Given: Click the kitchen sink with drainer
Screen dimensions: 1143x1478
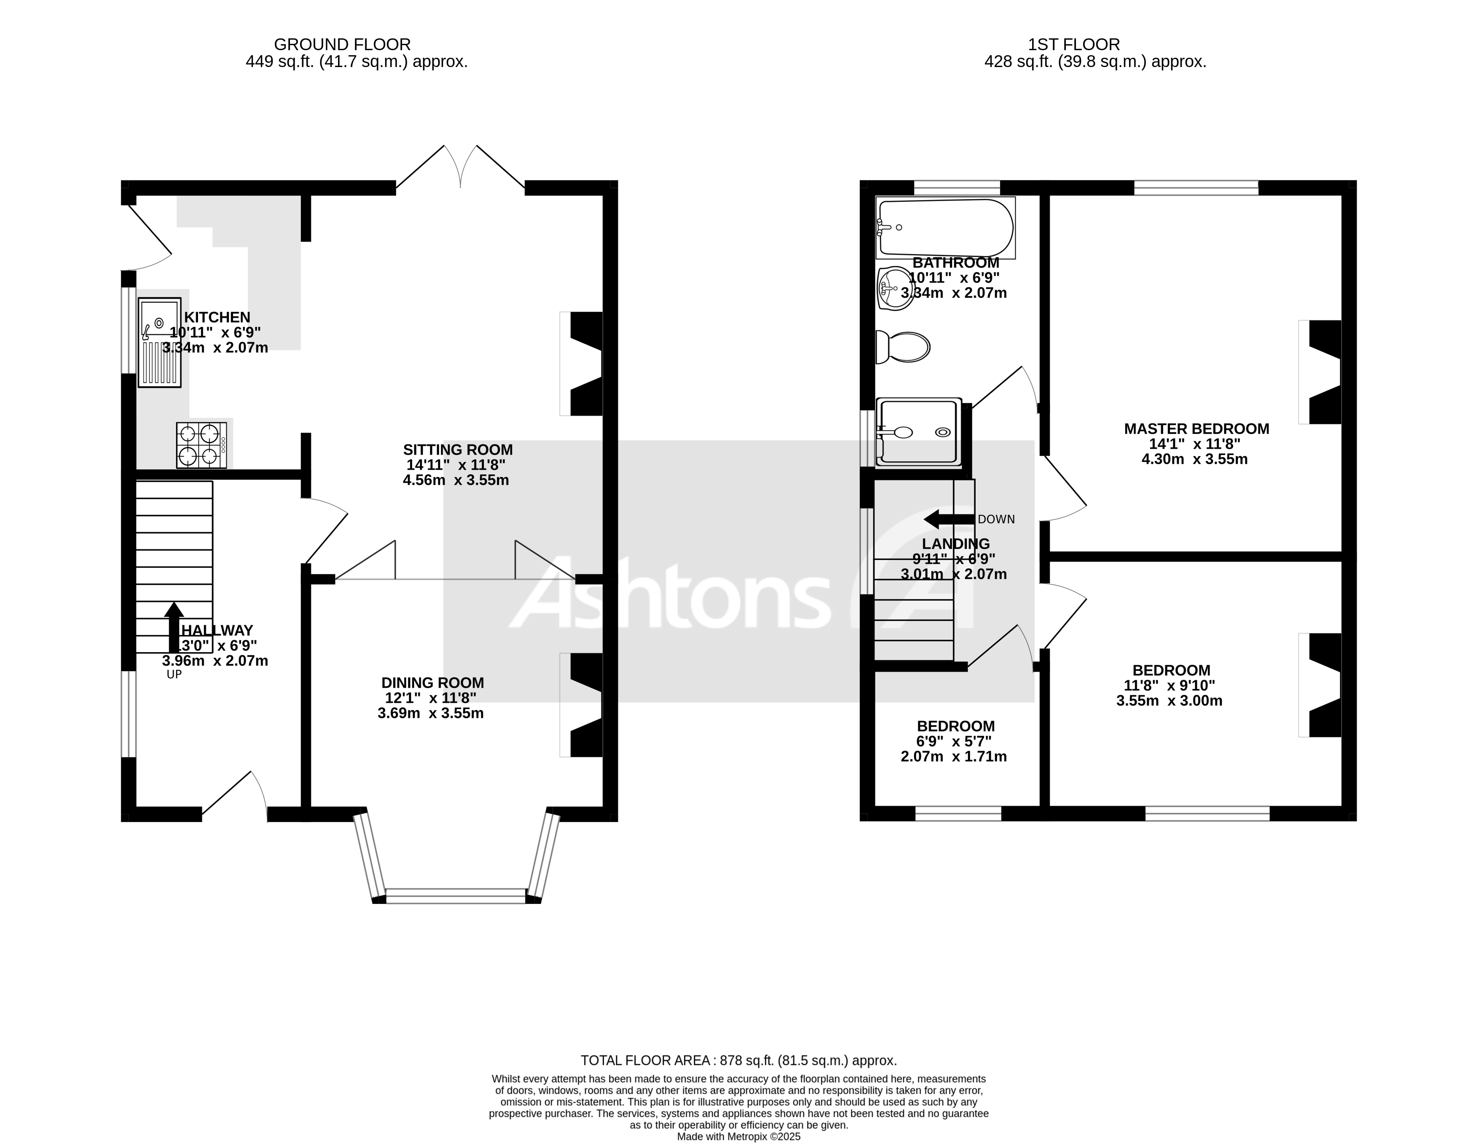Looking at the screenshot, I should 160,343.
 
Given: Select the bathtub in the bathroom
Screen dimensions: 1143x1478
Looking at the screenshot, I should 945,228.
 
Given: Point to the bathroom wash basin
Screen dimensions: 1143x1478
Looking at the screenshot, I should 895,288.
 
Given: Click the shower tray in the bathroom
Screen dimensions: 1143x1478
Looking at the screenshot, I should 918,432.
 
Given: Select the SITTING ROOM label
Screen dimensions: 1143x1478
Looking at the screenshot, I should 458,449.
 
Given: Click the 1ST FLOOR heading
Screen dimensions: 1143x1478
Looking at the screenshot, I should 1073,45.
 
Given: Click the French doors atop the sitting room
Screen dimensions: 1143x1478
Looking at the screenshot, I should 460,169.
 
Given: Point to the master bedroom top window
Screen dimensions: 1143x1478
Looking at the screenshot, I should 1196,188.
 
